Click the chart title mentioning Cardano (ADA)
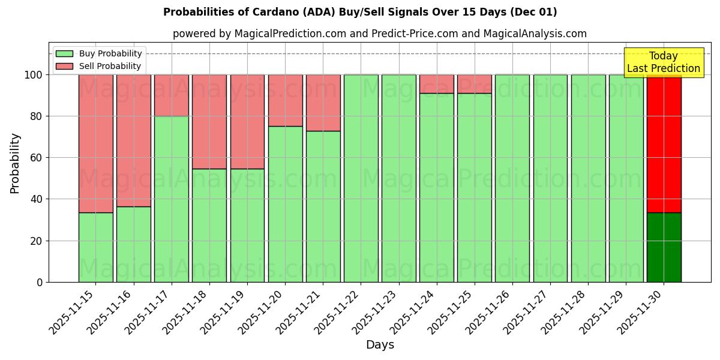[360, 12]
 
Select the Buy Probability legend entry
[110, 54]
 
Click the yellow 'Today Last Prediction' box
[663, 62]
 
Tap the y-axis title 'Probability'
[15, 163]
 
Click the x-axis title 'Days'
[380, 345]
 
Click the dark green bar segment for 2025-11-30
[664, 247]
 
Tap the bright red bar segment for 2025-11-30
[664, 144]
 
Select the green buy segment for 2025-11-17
[172, 199]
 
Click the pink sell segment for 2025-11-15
[95, 143]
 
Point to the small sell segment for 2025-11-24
[437, 84]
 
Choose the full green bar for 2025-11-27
[550, 178]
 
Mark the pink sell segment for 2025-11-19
[247, 122]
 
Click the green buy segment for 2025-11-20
[285, 204]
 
